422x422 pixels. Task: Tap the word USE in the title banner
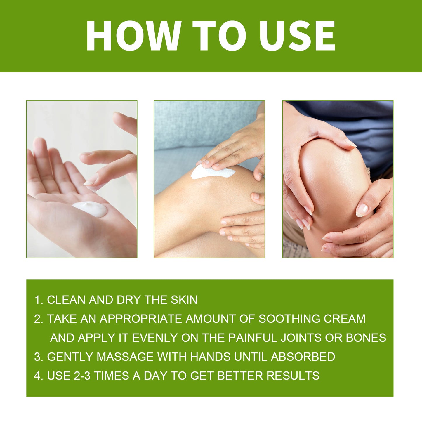point(297,36)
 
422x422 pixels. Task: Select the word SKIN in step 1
point(184,300)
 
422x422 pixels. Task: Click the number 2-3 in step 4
point(82,376)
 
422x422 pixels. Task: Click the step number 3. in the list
point(39,357)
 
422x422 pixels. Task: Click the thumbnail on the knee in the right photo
point(362,210)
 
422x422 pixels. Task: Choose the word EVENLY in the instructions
point(155,338)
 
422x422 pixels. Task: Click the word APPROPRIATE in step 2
point(141,319)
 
